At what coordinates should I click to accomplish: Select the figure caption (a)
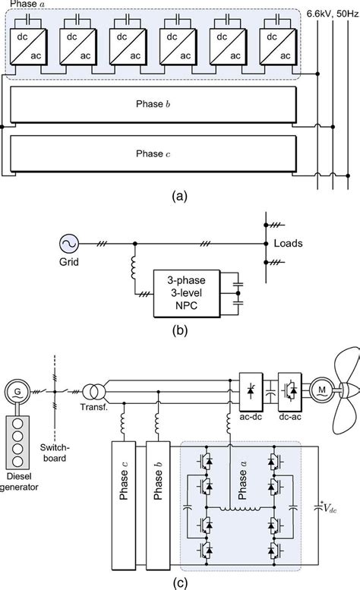tap(180, 196)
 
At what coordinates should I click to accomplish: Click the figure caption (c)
tap(180, 582)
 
